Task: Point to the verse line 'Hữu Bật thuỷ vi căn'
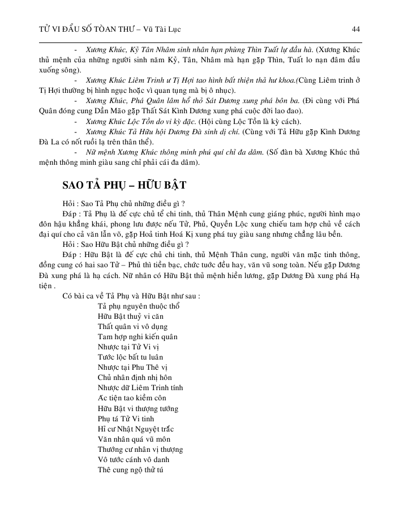click(x=130, y=316)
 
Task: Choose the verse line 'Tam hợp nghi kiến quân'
click(x=138, y=336)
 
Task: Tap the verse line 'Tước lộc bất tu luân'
click(x=130, y=357)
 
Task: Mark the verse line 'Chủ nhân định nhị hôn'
click(x=135, y=377)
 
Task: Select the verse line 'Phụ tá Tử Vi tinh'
click(x=126, y=418)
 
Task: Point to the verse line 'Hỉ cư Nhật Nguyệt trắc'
click(x=135, y=429)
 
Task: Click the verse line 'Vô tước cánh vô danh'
click(x=134, y=459)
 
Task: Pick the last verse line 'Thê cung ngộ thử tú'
click(x=130, y=469)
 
